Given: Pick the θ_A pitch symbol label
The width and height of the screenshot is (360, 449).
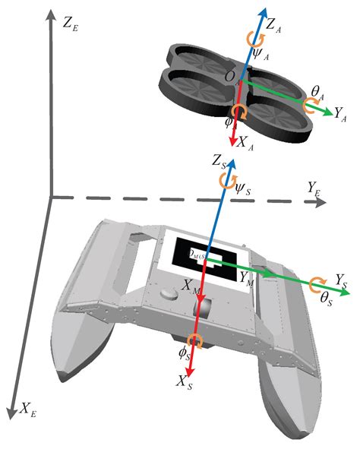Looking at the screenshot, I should point(317,93).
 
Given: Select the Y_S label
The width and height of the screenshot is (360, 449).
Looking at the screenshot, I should point(343,279).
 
